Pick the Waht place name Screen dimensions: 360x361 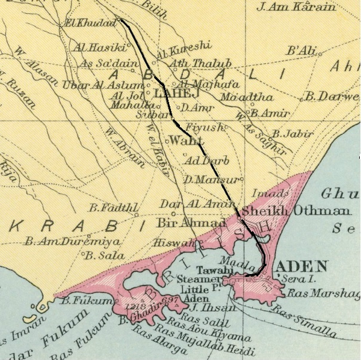point(184,141)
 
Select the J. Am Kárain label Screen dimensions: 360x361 point(296,8)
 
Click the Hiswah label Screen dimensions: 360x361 point(174,243)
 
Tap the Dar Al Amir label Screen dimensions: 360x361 point(188,204)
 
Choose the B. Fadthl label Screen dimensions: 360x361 point(111,208)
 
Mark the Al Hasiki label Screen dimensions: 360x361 point(99,46)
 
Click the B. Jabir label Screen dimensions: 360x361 point(290,133)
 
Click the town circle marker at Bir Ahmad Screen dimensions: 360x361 point(174,213)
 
